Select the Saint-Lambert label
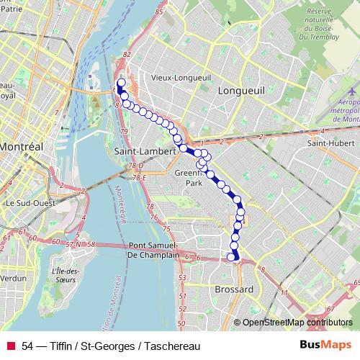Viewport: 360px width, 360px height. click(145, 152)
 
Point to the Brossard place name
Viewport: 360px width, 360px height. click(234, 289)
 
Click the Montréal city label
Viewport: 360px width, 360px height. click(21, 145)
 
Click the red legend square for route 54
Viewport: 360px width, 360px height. click(11, 345)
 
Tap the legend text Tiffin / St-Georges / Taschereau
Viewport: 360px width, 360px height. click(108, 345)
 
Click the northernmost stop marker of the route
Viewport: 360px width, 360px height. click(120, 83)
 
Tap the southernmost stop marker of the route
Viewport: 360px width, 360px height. click(232, 257)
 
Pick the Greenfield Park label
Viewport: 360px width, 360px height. click(193, 178)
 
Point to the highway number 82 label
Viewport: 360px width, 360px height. click(127, 55)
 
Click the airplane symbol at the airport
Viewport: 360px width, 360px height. click(354, 93)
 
